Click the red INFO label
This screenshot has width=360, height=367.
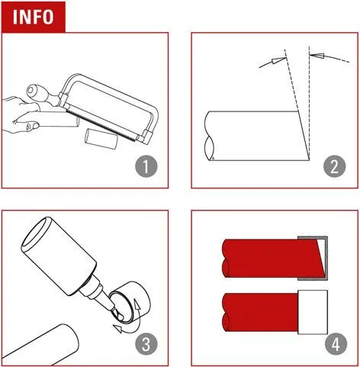[x=33, y=17]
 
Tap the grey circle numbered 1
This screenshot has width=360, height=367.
[x=146, y=166]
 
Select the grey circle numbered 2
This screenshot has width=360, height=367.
[x=334, y=166]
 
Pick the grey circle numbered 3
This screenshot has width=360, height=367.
[x=146, y=344]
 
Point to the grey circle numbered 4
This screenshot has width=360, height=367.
[x=336, y=344]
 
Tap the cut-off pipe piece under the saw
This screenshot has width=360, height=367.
[x=101, y=138]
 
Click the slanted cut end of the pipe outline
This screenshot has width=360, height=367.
[x=304, y=136]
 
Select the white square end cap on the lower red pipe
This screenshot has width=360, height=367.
[x=313, y=312]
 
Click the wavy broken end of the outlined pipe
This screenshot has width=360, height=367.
[x=209, y=136]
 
